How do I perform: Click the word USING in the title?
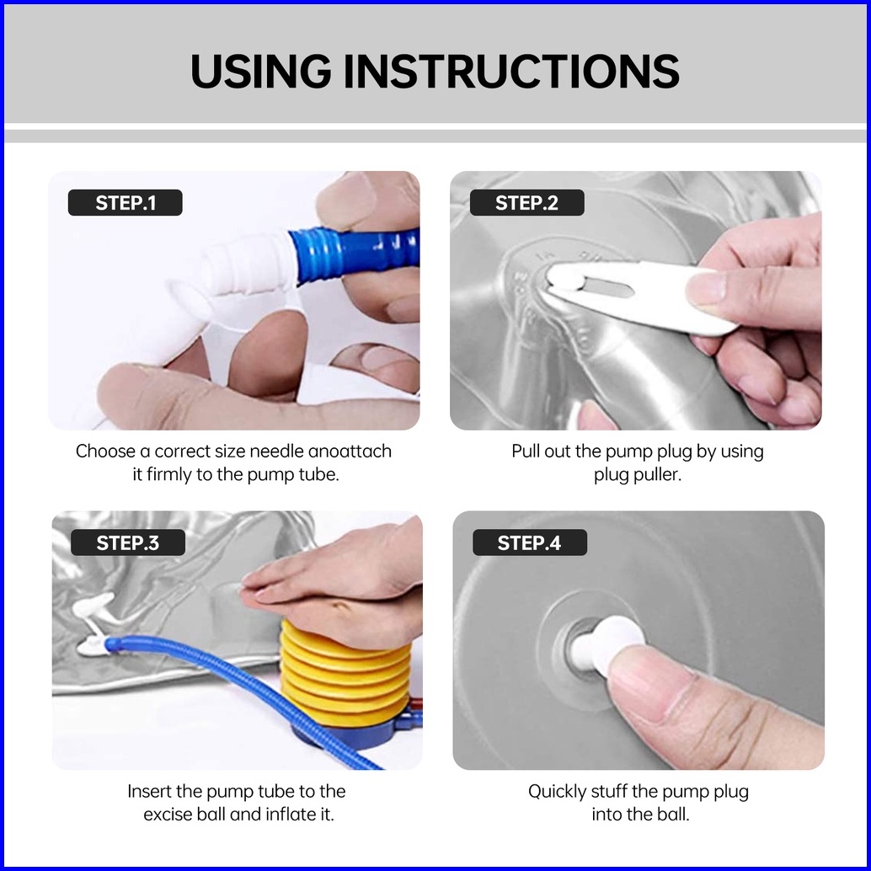(x=261, y=71)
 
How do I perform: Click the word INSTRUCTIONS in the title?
(x=511, y=71)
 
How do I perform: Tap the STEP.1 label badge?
(x=125, y=203)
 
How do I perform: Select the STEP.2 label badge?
(x=526, y=203)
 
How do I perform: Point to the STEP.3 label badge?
(x=128, y=542)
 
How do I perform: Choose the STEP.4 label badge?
(x=529, y=542)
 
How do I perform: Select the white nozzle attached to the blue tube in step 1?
(x=250, y=264)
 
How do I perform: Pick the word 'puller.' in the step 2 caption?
(x=637, y=475)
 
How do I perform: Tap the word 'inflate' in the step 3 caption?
(x=291, y=815)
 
